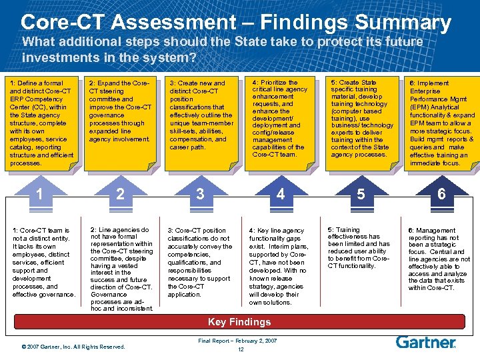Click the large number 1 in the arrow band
pyautogui.click(x=40, y=194)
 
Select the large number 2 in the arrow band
pyautogui.click(x=120, y=194)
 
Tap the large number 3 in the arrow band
pyautogui.click(x=199, y=194)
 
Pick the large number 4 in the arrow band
pyautogui.click(x=281, y=194)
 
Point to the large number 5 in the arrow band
pyautogui.click(x=361, y=194)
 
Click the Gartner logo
pyautogui.click(x=426, y=342)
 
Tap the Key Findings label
pyautogui.click(x=239, y=322)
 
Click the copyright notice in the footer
pyautogui.click(x=73, y=347)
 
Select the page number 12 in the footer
pyautogui.click(x=239, y=350)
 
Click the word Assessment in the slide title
pyautogui.click(x=169, y=23)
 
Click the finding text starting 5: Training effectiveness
pyautogui.click(x=359, y=247)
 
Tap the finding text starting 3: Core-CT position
pyautogui.click(x=199, y=262)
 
